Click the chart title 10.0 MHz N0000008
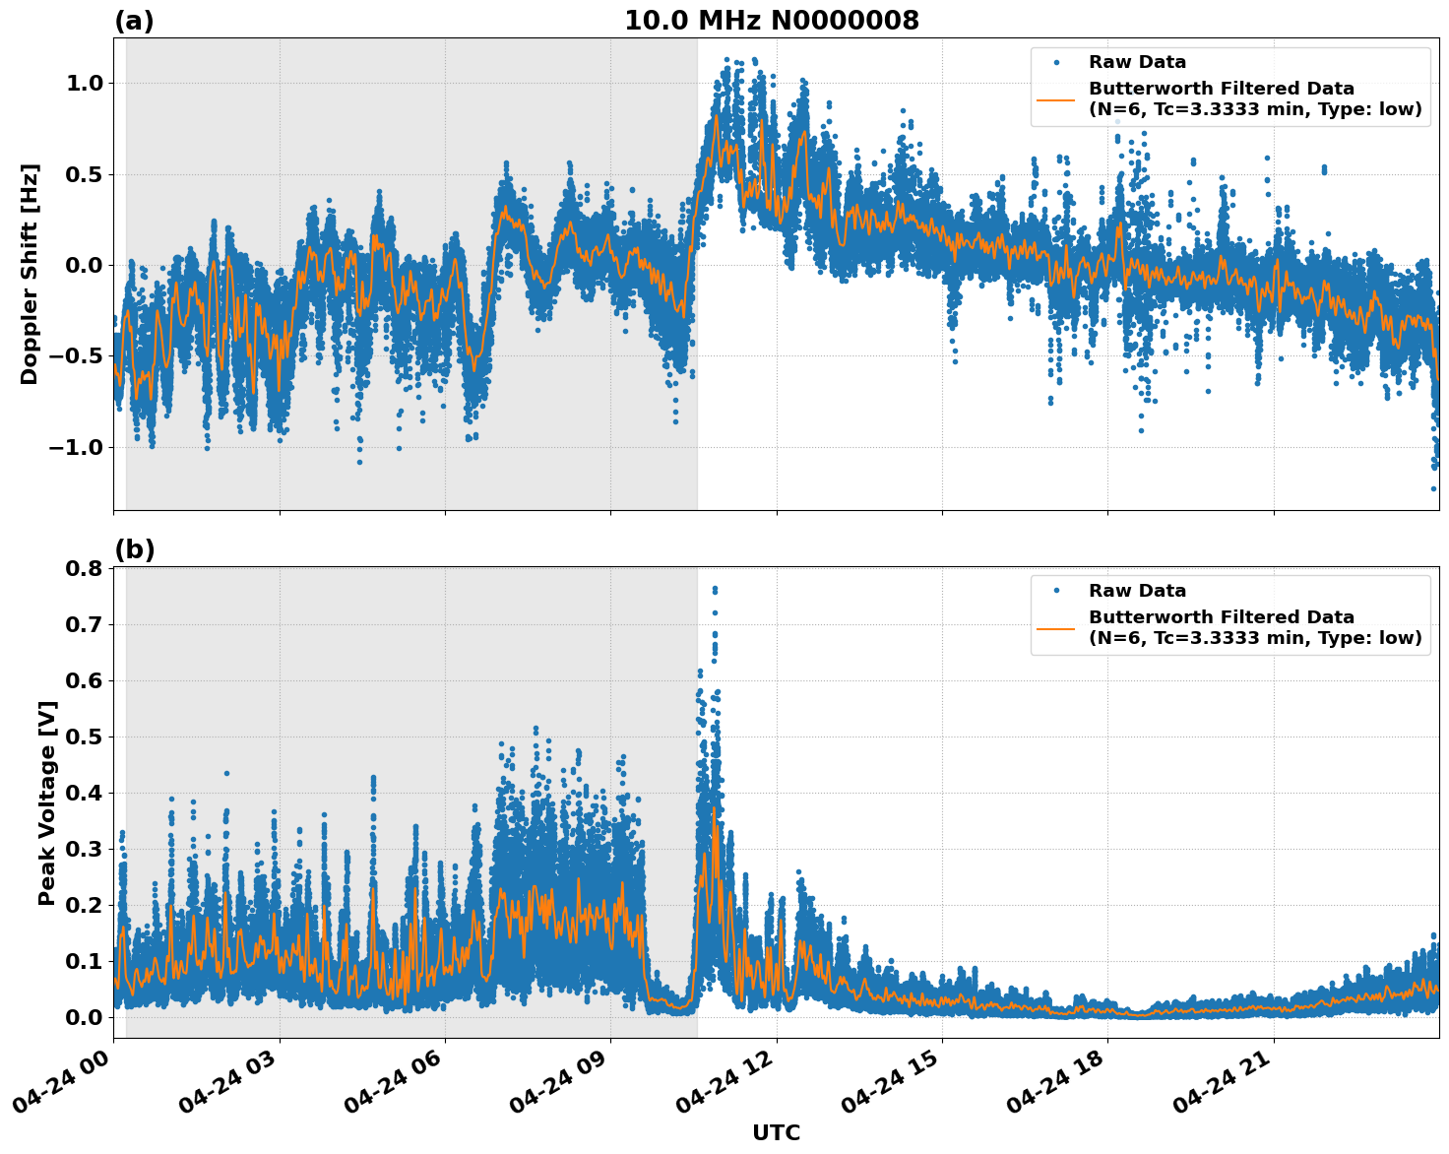(x=771, y=21)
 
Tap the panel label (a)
(x=134, y=21)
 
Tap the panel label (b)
(x=134, y=549)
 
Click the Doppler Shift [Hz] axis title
(x=30, y=274)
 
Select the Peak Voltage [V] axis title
(x=46, y=802)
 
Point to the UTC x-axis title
(x=776, y=1132)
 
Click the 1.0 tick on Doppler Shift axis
(x=84, y=84)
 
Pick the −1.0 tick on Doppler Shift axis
(x=77, y=448)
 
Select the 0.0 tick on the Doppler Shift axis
(x=84, y=266)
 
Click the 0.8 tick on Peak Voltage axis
(x=84, y=569)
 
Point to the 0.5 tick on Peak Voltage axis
(x=84, y=737)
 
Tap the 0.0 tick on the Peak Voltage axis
(x=84, y=1017)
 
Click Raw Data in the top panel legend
(x=1137, y=63)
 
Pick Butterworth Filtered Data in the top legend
(x=1221, y=90)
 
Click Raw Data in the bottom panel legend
(x=1137, y=592)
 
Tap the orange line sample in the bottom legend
(x=1055, y=628)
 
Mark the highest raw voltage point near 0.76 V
(x=715, y=589)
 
